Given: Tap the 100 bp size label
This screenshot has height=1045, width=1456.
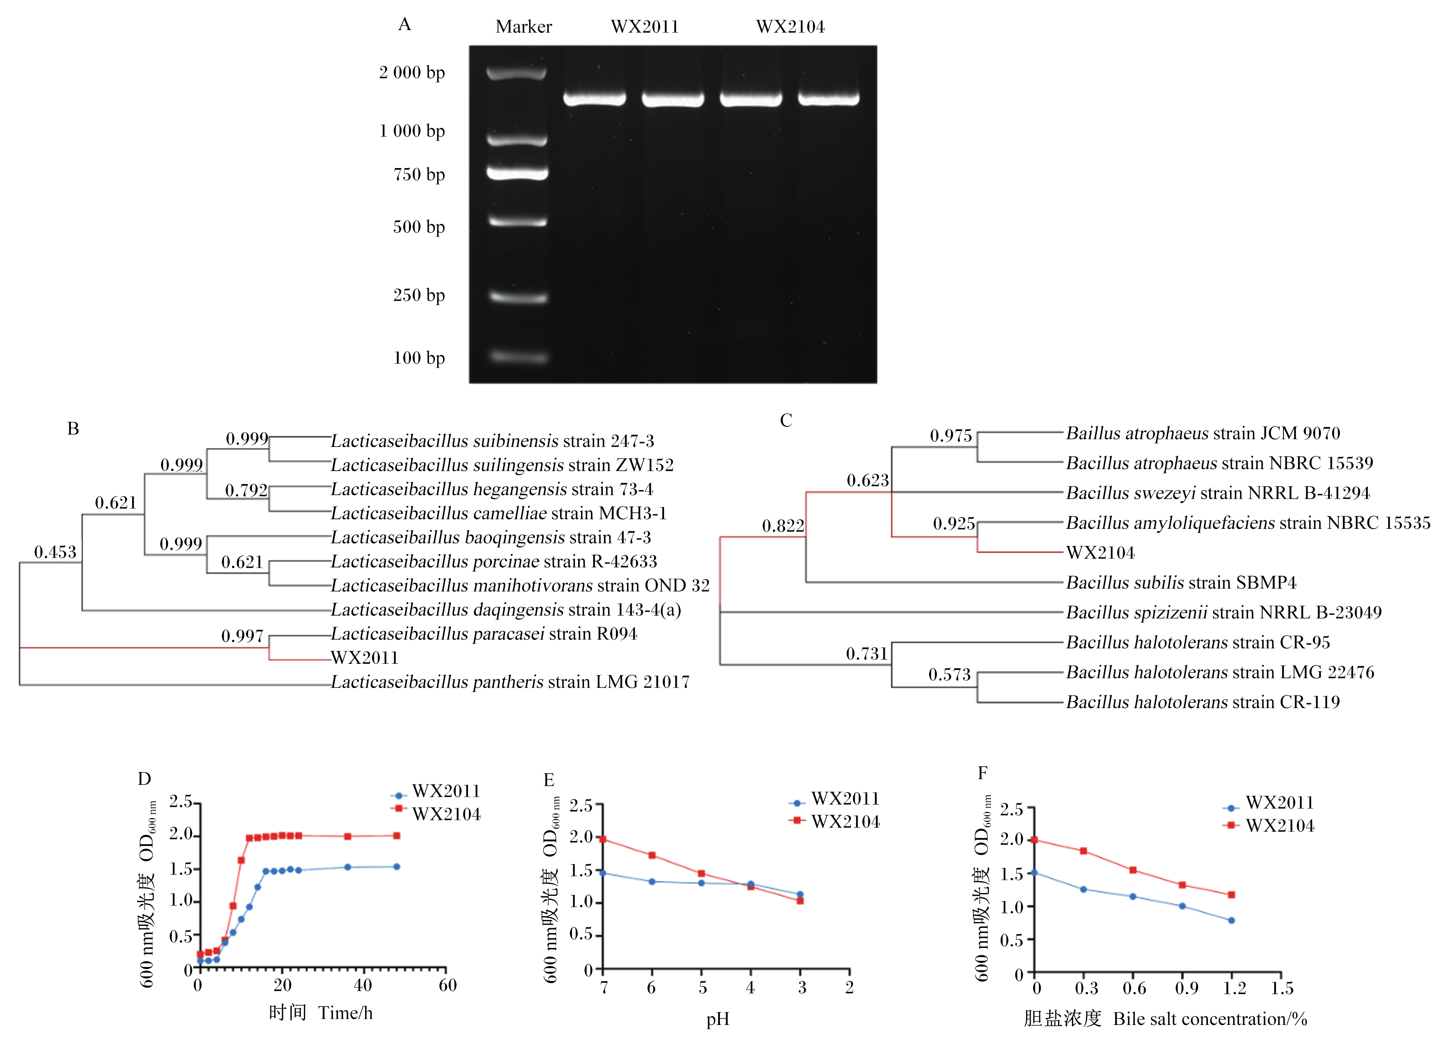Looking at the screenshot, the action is [419, 358].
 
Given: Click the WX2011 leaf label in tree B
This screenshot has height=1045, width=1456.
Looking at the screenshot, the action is [365, 658].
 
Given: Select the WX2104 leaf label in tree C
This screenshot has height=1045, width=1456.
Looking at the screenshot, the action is [1100, 552].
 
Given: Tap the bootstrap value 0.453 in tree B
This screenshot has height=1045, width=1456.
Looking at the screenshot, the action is [55, 552].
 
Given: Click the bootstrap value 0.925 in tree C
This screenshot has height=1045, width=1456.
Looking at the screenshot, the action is [954, 523].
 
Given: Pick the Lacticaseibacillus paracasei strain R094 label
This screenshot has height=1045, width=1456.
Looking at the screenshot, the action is [484, 634].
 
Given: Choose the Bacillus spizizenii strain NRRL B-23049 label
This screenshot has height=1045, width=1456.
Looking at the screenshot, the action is [1224, 612].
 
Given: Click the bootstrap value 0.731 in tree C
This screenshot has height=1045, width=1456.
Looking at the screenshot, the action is [867, 654].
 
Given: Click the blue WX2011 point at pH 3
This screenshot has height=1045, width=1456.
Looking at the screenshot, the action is [800, 894].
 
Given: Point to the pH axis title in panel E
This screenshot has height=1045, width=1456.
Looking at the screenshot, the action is [718, 1019].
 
